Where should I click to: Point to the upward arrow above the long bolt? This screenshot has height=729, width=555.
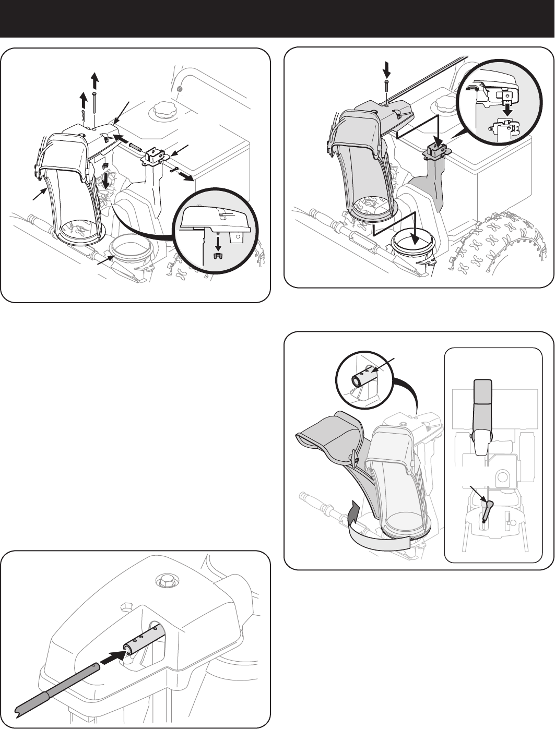[x=94, y=81]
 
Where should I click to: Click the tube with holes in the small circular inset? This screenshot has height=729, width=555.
[x=363, y=377]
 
